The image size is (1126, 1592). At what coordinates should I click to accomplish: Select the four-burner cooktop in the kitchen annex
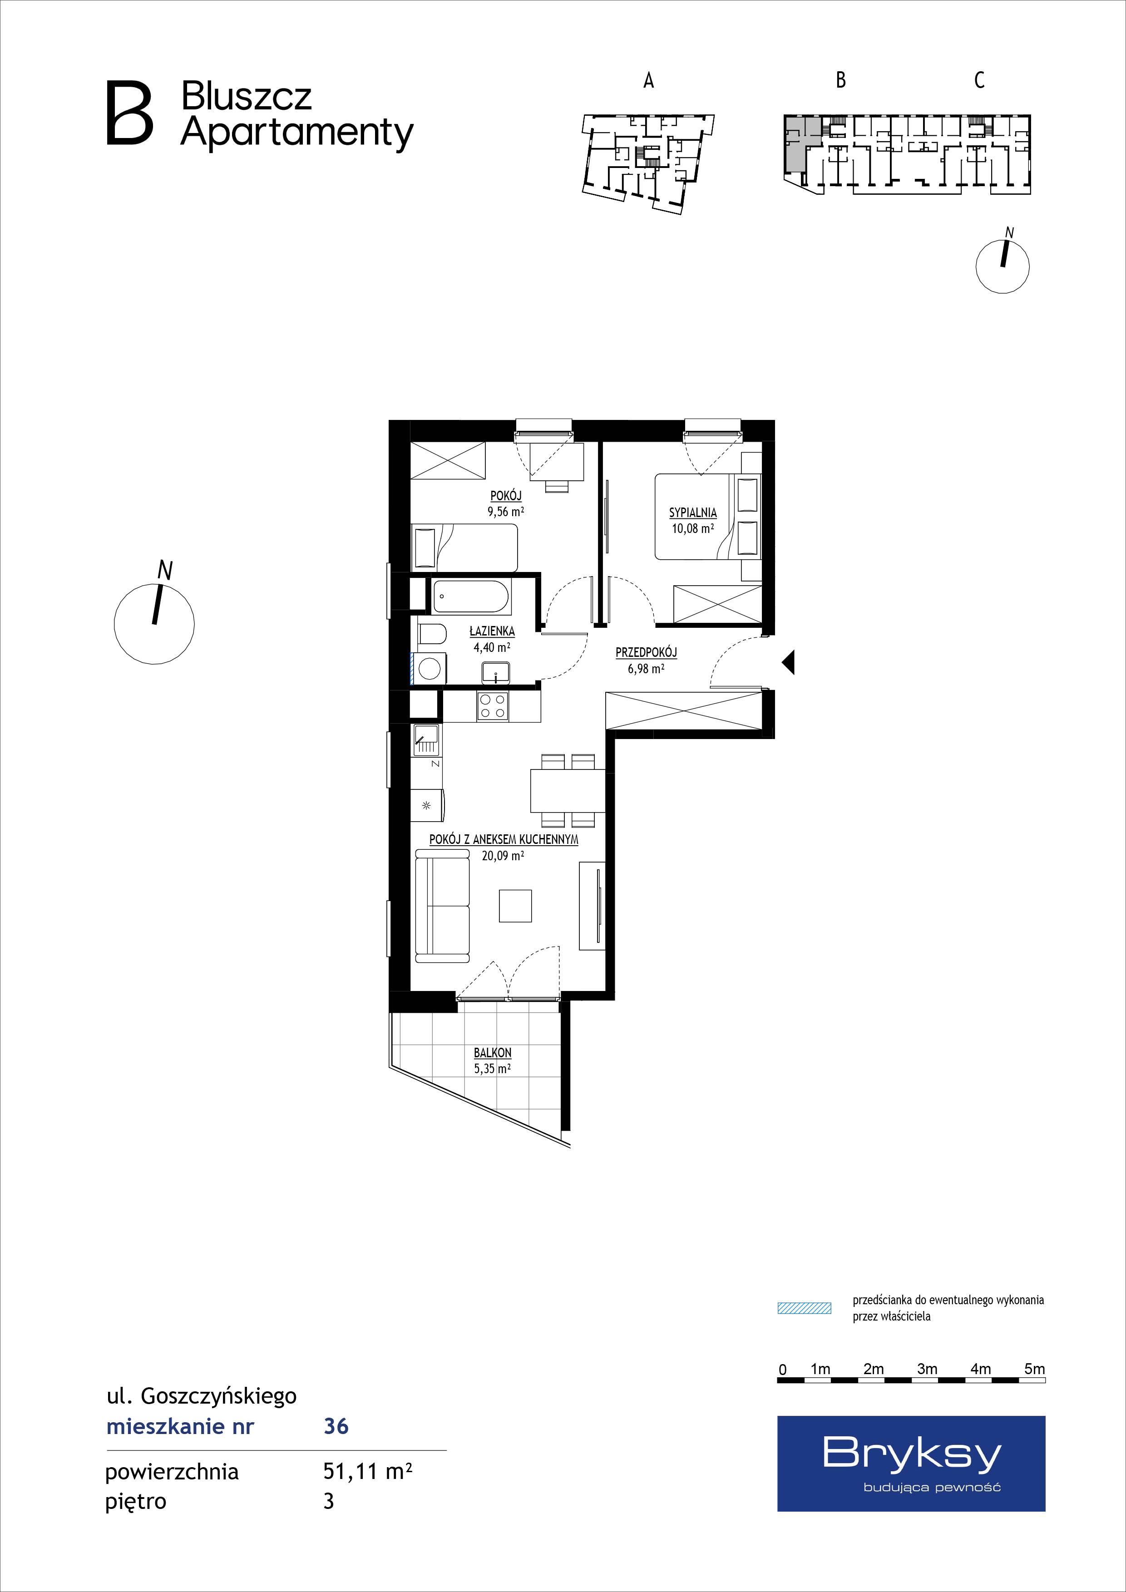pos(492,706)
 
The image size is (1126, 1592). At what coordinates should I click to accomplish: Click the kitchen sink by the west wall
pos(426,740)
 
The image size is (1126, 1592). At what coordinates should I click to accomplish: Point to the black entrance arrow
pos(788,662)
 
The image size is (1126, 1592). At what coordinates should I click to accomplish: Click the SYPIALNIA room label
pos(693,513)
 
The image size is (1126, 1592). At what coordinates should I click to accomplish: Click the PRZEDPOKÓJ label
pos(646,652)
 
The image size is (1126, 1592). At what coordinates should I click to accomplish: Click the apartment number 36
pos(336,1426)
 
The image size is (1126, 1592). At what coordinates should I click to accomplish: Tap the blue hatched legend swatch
pos(804,1308)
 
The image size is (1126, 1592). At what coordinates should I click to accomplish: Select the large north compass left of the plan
pos(154,622)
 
